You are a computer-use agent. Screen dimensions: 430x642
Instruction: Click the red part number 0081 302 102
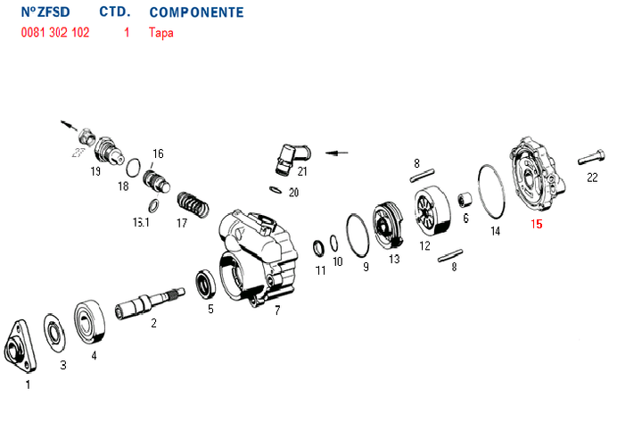click(x=54, y=33)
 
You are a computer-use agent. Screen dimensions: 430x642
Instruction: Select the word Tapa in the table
click(x=161, y=33)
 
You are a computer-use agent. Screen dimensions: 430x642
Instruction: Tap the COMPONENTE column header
click(x=195, y=13)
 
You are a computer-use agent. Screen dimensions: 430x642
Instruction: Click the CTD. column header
click(x=115, y=13)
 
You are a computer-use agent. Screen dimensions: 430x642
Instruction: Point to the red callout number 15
click(x=536, y=224)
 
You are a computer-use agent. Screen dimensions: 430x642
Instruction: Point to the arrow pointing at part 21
click(x=337, y=153)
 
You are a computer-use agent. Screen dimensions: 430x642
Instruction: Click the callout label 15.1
click(x=141, y=222)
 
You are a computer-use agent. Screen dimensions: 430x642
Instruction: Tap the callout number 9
click(x=365, y=266)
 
